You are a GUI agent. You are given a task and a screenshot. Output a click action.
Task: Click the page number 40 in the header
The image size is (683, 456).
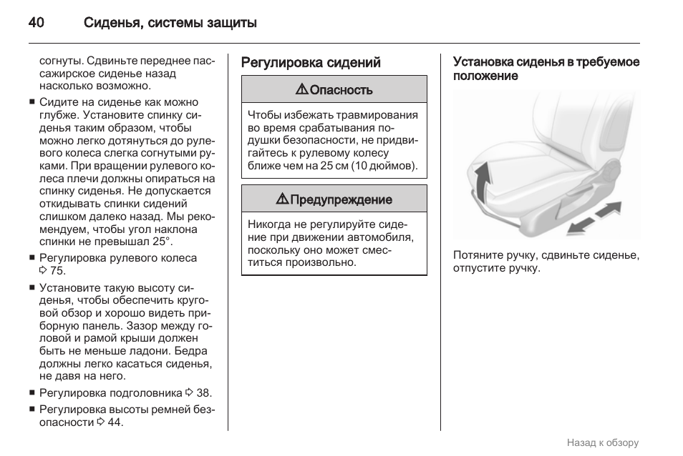tap(37, 22)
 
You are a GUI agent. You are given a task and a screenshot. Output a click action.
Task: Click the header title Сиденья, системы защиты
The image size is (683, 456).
tap(170, 22)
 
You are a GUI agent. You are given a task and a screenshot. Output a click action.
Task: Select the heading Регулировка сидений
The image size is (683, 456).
tap(311, 63)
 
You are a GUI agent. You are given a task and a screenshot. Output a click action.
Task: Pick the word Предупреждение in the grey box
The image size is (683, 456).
tap(341, 200)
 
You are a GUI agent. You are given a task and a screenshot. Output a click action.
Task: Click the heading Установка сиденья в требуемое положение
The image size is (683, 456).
tap(546, 69)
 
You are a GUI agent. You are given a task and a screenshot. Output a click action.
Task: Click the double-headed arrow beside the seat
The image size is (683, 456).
tap(594, 218)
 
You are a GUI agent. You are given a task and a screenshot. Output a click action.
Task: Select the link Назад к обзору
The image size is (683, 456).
tap(602, 443)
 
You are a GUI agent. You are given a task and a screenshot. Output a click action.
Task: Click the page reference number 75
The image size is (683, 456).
tap(57, 270)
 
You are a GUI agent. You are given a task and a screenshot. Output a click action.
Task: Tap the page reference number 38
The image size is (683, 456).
tap(203, 392)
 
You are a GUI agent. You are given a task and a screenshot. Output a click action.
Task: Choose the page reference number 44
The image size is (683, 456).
tap(115, 422)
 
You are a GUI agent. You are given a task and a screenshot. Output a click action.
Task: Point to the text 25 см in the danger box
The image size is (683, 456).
tap(334, 165)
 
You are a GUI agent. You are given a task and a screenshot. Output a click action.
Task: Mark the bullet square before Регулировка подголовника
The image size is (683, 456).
tap(32, 392)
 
